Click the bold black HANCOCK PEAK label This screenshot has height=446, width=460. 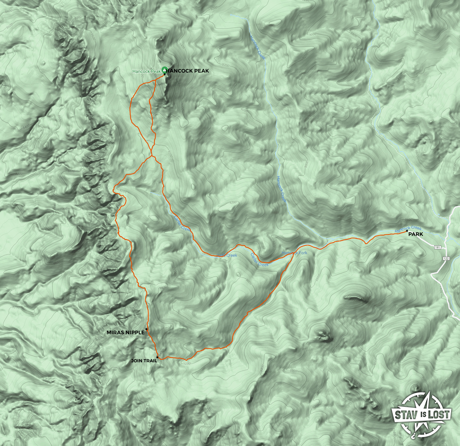tap(188, 71)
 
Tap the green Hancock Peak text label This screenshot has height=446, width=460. tap(146, 71)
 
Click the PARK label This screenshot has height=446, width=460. tap(416, 234)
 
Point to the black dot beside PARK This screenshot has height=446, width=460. tap(407, 231)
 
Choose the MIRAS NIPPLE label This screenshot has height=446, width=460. tap(125, 332)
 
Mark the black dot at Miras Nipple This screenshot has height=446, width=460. tap(146, 329)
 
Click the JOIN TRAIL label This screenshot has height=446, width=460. tap(144, 361)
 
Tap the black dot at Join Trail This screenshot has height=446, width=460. tap(157, 357)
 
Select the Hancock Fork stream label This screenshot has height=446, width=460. tap(294, 253)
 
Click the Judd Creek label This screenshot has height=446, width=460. tap(227, 255)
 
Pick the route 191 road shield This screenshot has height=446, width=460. tap(437, 247)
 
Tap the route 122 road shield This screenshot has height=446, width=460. tap(446, 258)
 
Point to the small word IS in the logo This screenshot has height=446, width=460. tap(423, 414)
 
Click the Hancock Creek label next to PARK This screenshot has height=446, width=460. tap(408, 229)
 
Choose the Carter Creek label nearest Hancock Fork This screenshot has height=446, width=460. tap(259, 260)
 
